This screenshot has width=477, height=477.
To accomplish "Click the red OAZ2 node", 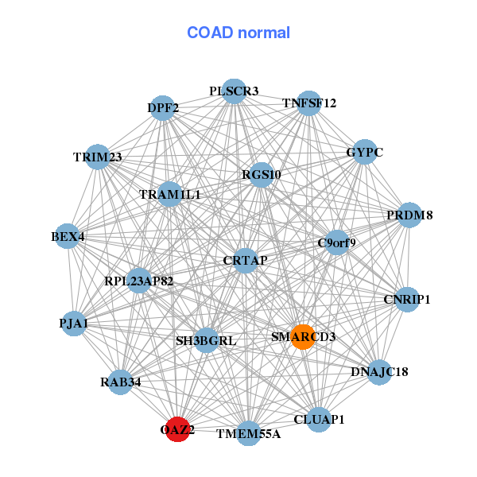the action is click(x=177, y=429).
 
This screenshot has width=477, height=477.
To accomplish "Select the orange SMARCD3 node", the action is click(x=303, y=337).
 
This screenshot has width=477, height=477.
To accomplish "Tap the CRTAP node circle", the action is click(x=245, y=261).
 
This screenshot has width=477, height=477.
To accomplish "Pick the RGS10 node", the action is click(x=261, y=175).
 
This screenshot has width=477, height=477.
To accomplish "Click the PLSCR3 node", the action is click(x=234, y=91).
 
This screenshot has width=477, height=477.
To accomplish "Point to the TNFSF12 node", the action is click(x=308, y=103).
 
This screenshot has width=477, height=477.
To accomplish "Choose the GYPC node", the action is click(x=364, y=152).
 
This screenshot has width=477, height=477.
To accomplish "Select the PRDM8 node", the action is click(x=409, y=215).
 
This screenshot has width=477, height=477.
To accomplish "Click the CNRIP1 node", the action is click(x=407, y=300).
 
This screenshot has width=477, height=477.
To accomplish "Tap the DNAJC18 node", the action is click(x=379, y=372).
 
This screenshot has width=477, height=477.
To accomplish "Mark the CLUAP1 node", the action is click(x=319, y=420).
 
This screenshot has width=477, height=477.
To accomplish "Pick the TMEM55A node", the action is click(x=249, y=433).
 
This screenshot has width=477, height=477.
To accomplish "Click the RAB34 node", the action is click(x=121, y=382).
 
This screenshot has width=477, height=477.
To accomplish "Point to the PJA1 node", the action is click(x=74, y=324).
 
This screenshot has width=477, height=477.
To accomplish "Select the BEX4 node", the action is click(x=68, y=236).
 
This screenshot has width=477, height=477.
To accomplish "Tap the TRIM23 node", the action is click(x=97, y=157).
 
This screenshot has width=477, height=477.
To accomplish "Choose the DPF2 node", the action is click(x=163, y=108).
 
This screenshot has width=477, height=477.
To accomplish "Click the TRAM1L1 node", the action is click(x=170, y=194).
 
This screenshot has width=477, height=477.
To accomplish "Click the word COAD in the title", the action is click(x=210, y=33).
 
